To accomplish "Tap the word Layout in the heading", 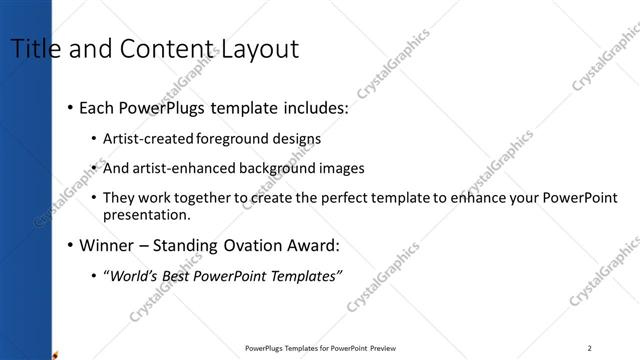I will (261, 49).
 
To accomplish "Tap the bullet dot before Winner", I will (69, 245).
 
